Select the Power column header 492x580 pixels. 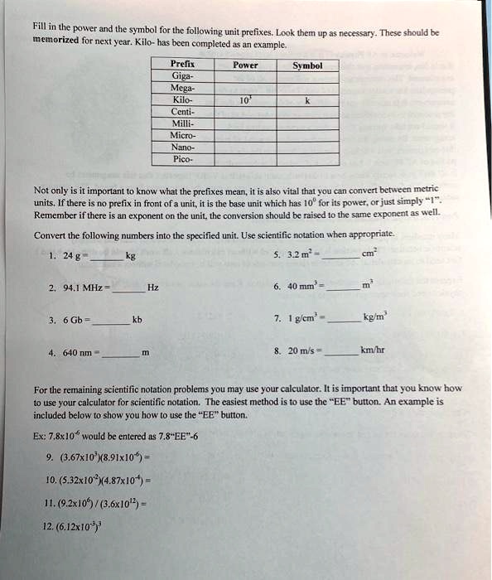point(245,64)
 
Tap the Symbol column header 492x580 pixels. point(307,65)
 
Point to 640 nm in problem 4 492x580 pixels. point(74,350)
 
